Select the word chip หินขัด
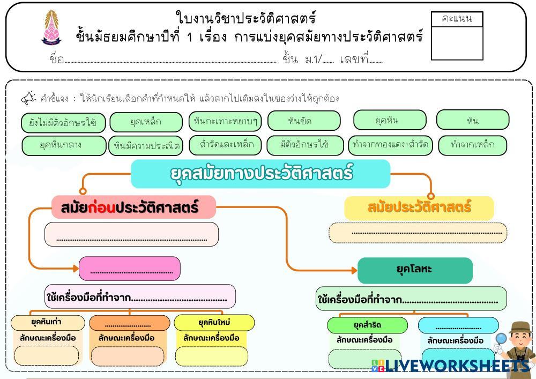point(303,121)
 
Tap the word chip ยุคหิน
point(390,120)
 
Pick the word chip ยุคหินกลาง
point(64,145)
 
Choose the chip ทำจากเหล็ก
point(472,145)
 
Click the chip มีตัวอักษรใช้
point(304,145)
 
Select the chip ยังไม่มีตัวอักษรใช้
point(63,122)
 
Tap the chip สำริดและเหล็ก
point(225,145)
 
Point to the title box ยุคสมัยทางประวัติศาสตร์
point(260,174)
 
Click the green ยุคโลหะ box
point(415,270)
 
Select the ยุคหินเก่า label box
point(48,323)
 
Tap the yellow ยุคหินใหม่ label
point(214,323)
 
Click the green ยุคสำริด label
point(367,325)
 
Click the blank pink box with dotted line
point(130,269)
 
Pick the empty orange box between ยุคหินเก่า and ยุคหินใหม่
point(129,323)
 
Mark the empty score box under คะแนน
point(457,43)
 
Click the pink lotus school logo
point(52,27)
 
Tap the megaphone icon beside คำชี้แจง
point(28,98)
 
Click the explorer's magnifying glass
point(501,339)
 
